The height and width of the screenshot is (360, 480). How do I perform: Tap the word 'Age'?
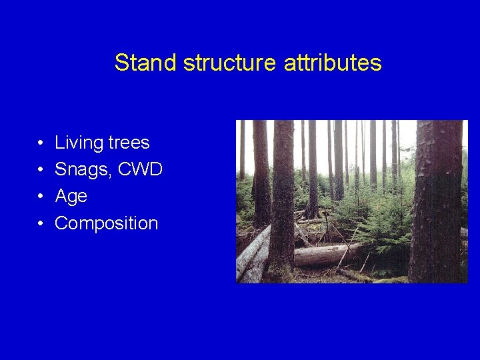pos(71,197)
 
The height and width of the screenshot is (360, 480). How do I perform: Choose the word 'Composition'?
pos(107,223)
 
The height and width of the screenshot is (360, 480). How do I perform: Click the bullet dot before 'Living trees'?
pos(41,143)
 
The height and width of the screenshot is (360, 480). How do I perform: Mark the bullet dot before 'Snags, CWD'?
pos(41,170)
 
